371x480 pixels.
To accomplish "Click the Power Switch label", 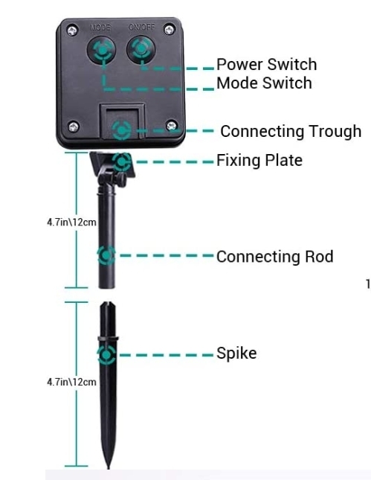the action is [266, 64].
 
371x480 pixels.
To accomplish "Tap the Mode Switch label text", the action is [264, 83].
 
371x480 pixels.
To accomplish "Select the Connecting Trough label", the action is [291, 131].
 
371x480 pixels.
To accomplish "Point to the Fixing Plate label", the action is [259, 160].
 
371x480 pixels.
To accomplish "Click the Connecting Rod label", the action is [274, 257].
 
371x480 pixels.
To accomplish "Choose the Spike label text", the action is [236, 353].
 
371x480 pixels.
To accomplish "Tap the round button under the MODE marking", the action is [102, 50].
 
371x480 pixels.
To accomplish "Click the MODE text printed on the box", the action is [100, 28].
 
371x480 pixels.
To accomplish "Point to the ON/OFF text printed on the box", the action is [141, 28].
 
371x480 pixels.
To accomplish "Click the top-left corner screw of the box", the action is [72, 31].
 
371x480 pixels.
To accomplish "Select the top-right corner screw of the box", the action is [170, 30].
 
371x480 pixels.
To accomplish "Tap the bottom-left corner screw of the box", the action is [74, 127].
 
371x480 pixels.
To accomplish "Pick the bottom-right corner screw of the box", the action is [172, 126].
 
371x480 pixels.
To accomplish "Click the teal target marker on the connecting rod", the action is [106, 255].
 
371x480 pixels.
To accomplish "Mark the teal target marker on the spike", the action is [106, 355].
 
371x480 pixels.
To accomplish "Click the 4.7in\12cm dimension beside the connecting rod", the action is [71, 222].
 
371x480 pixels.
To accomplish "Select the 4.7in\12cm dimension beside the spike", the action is [71, 382].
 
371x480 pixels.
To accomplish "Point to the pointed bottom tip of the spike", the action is [108, 468].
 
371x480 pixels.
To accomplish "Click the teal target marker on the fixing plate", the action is [122, 161].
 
